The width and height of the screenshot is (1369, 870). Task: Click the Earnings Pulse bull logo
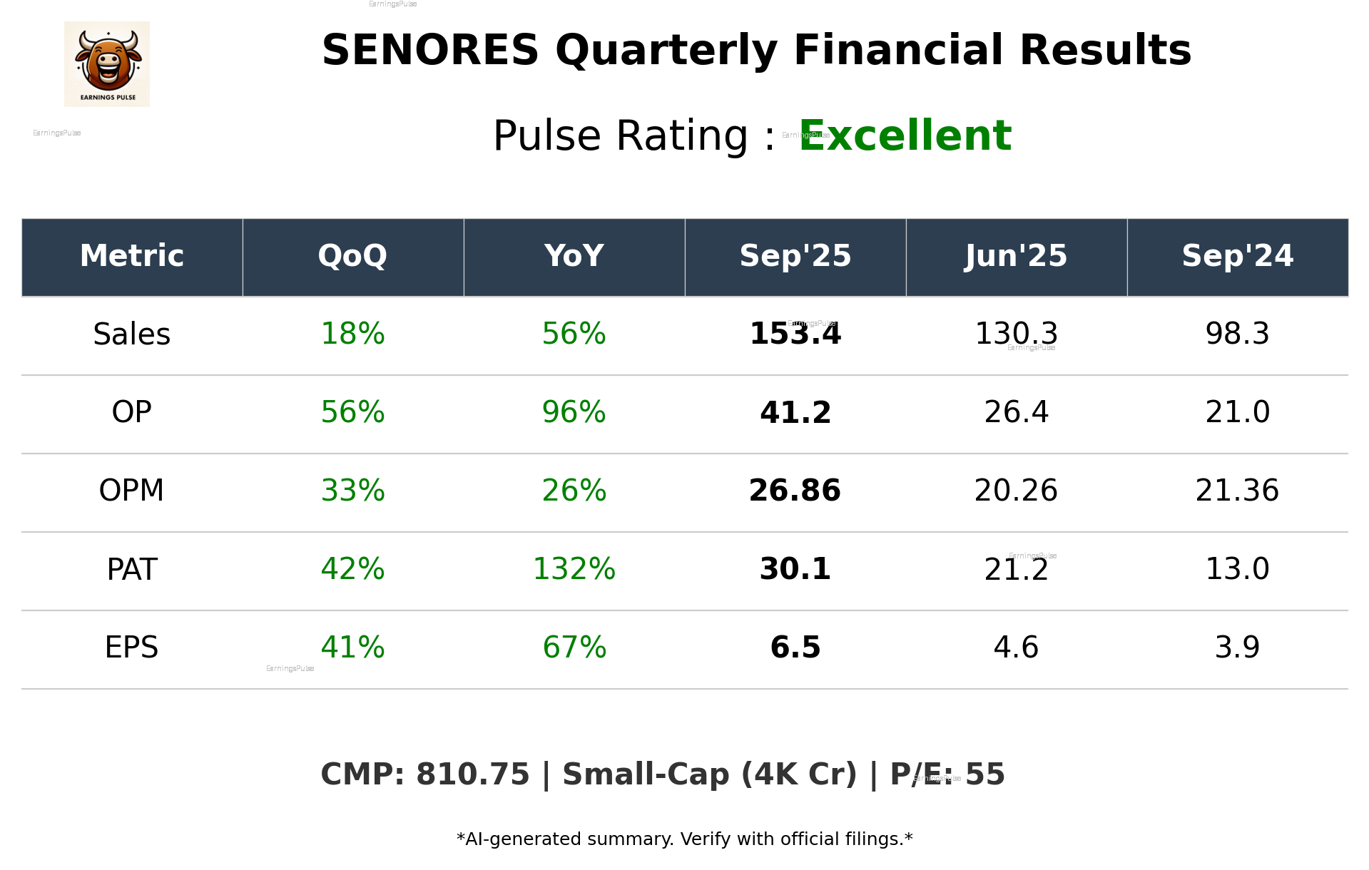click(x=107, y=63)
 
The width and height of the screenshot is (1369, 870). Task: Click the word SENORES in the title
click(x=429, y=51)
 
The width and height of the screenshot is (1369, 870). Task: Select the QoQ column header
click(x=352, y=256)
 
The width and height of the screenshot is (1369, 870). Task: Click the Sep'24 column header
click(x=1237, y=256)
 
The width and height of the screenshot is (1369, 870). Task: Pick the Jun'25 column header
click(x=1016, y=256)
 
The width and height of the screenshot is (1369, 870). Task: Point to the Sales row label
click(x=132, y=334)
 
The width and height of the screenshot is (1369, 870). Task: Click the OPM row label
click(x=132, y=491)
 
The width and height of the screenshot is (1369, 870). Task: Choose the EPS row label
click(x=132, y=648)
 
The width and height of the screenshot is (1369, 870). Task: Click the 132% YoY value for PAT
click(x=574, y=569)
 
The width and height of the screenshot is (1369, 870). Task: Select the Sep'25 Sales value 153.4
click(x=795, y=334)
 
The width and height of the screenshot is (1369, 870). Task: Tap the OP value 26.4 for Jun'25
click(x=1016, y=412)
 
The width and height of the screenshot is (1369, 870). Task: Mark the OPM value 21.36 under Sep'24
click(x=1237, y=491)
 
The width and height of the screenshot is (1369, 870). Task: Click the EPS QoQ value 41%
click(x=352, y=648)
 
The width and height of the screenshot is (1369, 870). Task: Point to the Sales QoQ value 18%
click(x=352, y=334)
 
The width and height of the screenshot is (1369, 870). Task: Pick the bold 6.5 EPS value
click(x=795, y=648)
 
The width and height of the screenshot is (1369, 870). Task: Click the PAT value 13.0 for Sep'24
click(x=1237, y=569)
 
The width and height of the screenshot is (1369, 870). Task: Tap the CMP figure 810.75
click(x=472, y=775)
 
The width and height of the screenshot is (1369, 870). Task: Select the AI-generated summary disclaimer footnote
click(x=684, y=839)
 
